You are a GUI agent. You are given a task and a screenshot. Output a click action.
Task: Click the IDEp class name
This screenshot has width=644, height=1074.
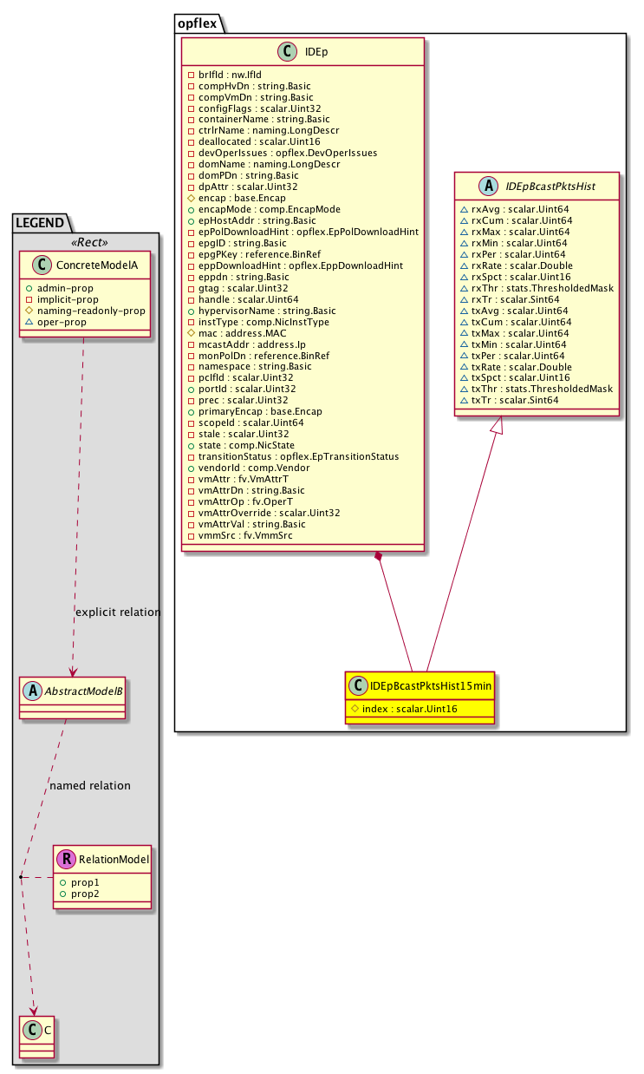(316, 52)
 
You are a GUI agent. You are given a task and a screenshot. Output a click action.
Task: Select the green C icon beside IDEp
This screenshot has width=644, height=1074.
(288, 52)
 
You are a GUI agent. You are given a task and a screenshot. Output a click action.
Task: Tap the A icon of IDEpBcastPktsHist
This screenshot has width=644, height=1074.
(488, 186)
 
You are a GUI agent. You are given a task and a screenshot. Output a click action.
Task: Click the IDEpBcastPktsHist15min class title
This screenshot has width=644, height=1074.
(431, 686)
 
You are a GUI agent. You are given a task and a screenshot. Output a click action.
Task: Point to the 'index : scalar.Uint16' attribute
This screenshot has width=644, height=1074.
(410, 709)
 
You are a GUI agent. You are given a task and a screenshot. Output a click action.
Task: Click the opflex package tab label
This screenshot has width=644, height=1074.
(198, 23)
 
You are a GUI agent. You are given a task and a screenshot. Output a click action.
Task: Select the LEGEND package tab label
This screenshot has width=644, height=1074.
(40, 222)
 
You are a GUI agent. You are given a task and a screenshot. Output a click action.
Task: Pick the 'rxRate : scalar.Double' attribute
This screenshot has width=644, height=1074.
(522, 265)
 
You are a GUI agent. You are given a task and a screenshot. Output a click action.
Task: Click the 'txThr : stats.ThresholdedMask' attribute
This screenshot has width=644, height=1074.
(542, 389)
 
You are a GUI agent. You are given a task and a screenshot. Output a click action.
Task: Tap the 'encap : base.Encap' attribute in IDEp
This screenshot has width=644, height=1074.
(242, 198)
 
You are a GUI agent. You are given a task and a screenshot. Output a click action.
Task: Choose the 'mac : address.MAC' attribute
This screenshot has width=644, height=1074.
(243, 333)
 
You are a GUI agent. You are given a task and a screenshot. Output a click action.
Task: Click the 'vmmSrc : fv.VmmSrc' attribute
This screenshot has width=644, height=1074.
(245, 535)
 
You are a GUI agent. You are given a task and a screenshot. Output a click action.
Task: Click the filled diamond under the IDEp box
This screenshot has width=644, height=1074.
(379, 556)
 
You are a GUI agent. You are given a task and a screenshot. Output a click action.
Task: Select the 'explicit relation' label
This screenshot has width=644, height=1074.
(118, 612)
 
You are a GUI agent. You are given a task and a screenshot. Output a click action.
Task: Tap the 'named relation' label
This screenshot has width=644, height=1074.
(90, 785)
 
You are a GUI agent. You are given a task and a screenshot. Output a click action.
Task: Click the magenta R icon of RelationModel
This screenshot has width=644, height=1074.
(67, 859)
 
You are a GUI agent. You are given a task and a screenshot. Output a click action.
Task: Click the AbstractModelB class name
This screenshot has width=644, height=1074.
(84, 691)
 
